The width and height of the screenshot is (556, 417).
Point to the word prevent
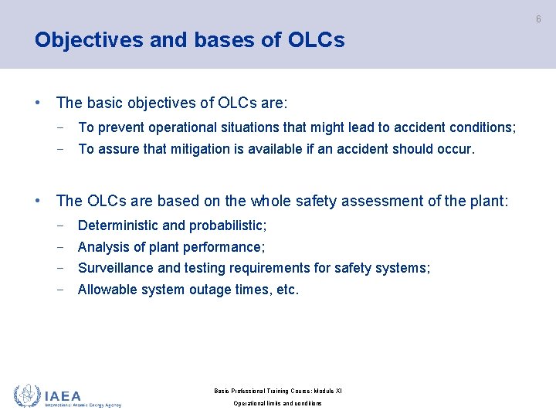[x=120, y=127]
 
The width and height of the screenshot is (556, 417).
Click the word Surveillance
[x=116, y=269]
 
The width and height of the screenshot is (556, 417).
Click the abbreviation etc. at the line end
[x=286, y=290]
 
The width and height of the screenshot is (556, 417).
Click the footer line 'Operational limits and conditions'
[x=277, y=404]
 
